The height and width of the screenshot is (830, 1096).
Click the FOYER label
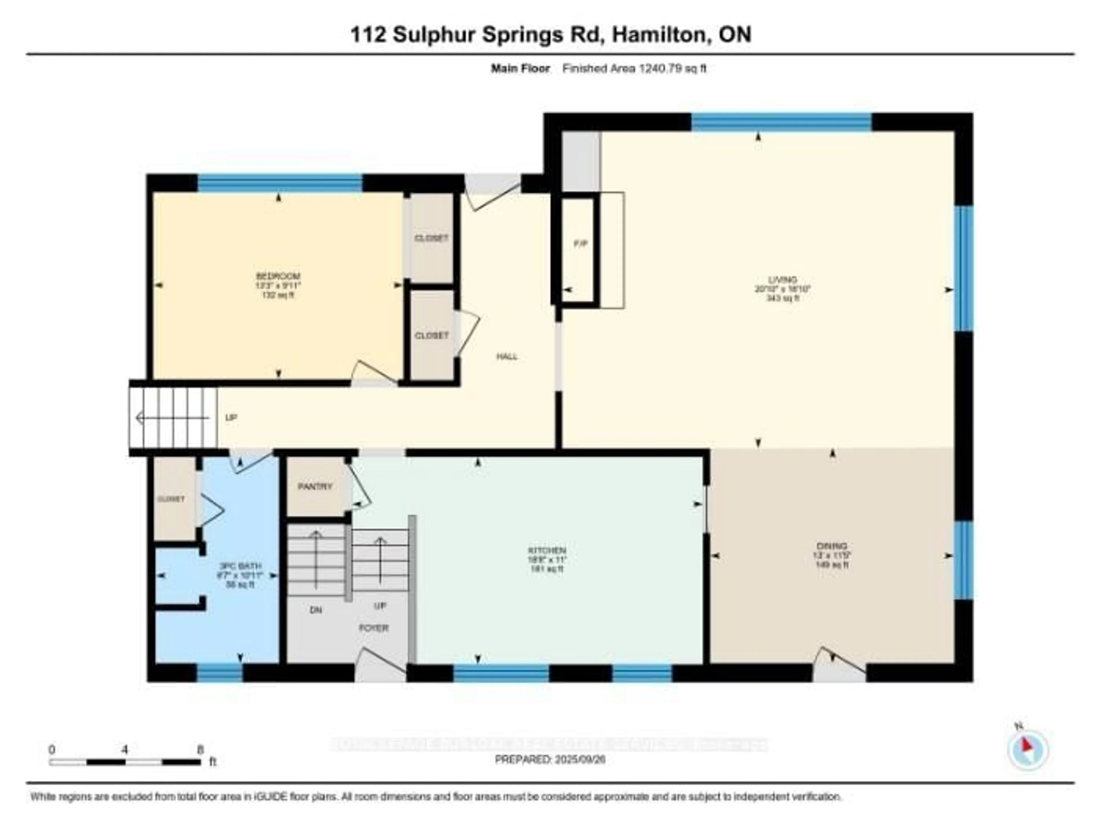click(374, 628)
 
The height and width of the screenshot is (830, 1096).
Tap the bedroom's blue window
click(280, 183)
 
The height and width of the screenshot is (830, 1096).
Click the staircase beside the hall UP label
click(173, 418)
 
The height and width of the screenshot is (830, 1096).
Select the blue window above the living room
click(781, 122)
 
